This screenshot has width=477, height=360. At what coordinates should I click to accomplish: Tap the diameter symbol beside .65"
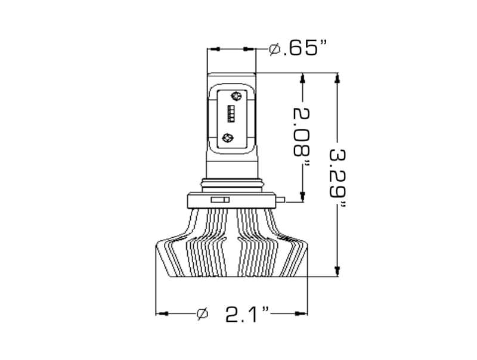click(x=275, y=49)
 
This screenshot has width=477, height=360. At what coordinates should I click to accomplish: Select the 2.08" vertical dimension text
click(x=303, y=138)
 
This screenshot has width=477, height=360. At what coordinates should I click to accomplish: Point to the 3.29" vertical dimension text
click(x=339, y=176)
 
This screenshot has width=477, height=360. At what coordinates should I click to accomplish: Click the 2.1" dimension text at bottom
click(x=248, y=314)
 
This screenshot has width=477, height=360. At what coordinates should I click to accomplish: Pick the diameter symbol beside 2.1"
click(x=202, y=313)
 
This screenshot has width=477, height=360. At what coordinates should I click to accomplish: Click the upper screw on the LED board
click(x=236, y=96)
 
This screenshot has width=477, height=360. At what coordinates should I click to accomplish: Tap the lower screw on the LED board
click(x=227, y=138)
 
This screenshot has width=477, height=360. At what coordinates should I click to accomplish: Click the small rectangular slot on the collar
click(x=221, y=199)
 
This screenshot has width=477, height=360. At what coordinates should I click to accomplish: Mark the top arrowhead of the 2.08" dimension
click(x=303, y=78)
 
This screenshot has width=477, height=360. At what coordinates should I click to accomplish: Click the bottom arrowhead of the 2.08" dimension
click(x=303, y=197)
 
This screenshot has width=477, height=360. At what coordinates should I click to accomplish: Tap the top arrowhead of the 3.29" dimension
click(x=337, y=78)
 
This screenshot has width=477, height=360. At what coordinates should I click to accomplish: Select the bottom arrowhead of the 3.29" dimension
click(x=337, y=272)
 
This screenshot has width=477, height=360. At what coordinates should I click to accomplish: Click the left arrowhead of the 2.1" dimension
click(x=160, y=312)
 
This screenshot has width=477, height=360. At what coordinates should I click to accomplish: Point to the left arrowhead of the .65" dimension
click(x=212, y=48)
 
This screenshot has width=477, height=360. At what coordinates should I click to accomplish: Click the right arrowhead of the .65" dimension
click(x=252, y=48)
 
